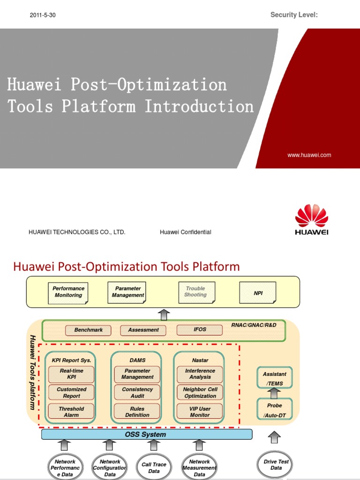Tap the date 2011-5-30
pos(43,15)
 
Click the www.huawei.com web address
pos(309,155)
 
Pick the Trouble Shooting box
pos(196,292)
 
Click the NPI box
pos(258,292)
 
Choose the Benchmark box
pos(88,330)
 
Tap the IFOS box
pos(200,330)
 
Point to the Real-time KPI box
pos(71,374)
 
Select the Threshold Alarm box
pos(71,412)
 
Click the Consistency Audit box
pos(137,393)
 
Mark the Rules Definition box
pos(137,412)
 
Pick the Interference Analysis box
pos(200,374)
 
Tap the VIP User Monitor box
pos(200,412)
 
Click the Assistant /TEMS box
pos(275,378)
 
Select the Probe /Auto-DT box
pos(275,409)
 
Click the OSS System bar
pos(146,435)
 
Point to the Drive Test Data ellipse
pos(276,465)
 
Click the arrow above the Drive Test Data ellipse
pos(275,438)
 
